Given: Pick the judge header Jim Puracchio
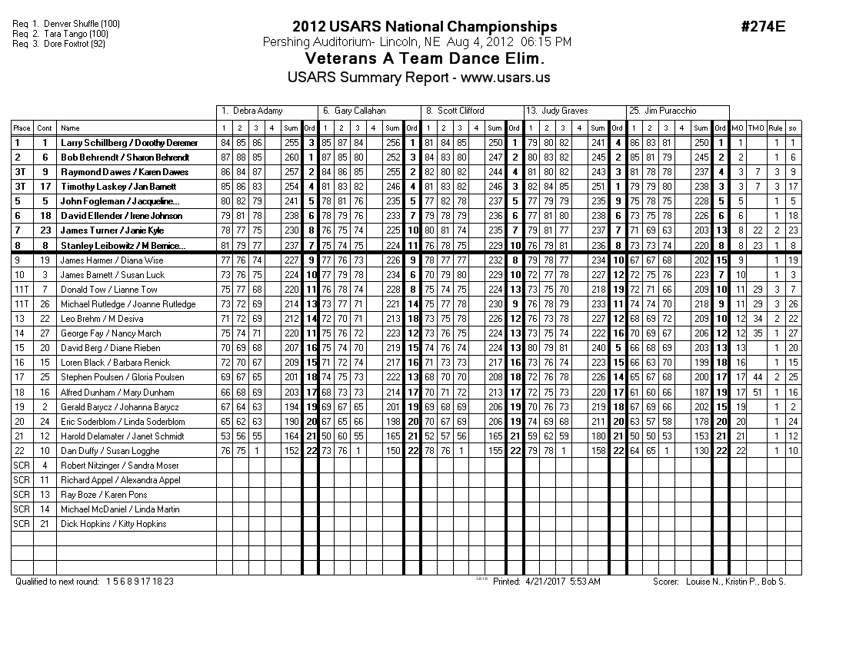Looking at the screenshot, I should [x=671, y=111].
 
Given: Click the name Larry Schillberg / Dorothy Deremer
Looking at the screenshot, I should [x=129, y=143].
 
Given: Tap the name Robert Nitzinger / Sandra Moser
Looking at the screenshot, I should [x=119, y=466].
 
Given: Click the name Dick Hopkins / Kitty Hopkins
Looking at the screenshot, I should [x=114, y=524].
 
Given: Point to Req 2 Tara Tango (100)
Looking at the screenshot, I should [x=61, y=34].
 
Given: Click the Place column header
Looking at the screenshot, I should [x=22, y=128].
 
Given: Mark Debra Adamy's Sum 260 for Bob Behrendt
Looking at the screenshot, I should [x=291, y=157].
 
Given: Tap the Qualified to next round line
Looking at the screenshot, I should [x=95, y=582].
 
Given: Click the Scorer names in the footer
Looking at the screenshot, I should [x=719, y=582].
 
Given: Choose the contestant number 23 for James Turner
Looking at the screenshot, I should [x=45, y=230].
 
